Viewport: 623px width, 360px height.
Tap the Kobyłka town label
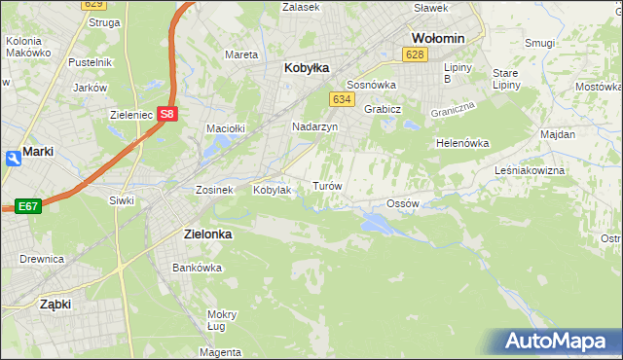[x=307, y=68]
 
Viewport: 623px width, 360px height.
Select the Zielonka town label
[x=207, y=234]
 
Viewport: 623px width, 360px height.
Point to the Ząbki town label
[x=55, y=304]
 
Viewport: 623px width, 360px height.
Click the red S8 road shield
[x=168, y=114]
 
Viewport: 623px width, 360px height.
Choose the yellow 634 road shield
[x=341, y=99]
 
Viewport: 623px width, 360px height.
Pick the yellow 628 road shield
[x=416, y=54]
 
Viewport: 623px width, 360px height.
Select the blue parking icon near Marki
[x=11, y=158]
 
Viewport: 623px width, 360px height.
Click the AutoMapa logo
[x=558, y=341]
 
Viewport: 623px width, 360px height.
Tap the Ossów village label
[x=402, y=203]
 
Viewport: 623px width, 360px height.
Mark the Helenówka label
[x=461, y=143]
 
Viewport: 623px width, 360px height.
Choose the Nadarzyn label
[x=314, y=126]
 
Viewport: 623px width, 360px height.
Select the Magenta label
[x=221, y=351]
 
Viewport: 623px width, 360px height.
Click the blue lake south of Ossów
[x=377, y=224]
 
